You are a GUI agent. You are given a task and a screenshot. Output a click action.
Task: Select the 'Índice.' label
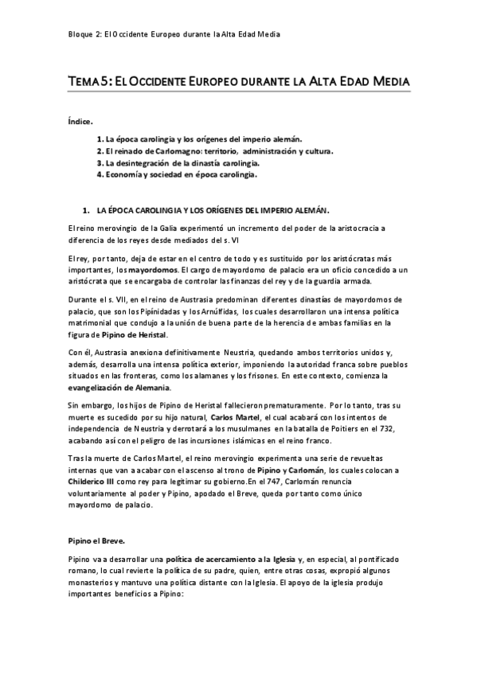pyautogui.click(x=80, y=121)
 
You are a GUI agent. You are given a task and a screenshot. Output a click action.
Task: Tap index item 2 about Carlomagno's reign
pyautogui.click(x=215, y=150)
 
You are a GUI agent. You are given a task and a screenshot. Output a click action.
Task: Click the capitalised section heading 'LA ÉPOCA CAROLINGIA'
pyautogui.click(x=210, y=210)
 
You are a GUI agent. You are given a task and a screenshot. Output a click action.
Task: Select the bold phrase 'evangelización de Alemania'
pyautogui.click(x=119, y=387)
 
